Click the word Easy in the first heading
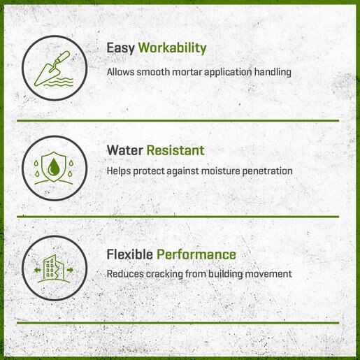pos(120,48)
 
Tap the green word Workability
pos(172,48)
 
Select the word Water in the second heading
pos(124,150)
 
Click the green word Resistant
pos(175,150)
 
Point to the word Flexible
pos(129,254)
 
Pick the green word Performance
pos(196,254)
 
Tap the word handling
pos(273,72)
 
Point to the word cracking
pos(164,274)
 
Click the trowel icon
pos(52,69)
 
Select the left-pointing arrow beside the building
pos(37,270)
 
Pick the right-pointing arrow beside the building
pos(70,270)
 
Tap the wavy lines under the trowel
pos(59,82)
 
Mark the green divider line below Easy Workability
pos(178,121)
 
